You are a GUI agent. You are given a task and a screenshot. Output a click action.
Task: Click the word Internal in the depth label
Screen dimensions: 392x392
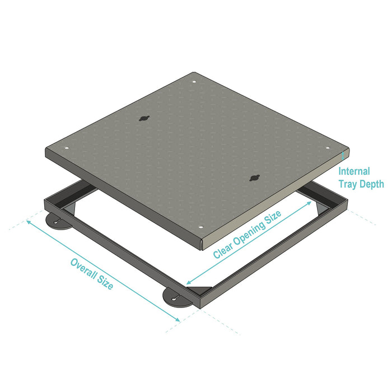pos(354,171)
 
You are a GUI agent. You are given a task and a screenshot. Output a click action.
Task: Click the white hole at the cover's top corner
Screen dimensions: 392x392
pos(194,82)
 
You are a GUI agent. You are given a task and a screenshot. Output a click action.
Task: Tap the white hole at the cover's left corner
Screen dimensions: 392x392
pos(67,148)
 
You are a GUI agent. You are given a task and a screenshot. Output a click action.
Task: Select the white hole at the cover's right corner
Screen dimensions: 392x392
pos(328,148)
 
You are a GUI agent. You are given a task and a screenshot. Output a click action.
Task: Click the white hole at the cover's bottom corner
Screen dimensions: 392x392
pos(200,227)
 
